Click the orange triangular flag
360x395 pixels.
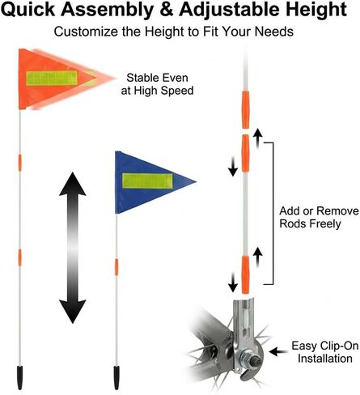(54, 79)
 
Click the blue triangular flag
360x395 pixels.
(146, 182)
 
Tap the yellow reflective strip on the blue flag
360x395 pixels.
(147, 181)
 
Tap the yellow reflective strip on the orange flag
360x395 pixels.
(52, 78)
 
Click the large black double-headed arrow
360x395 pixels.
(72, 248)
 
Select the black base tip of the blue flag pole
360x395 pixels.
(116, 377)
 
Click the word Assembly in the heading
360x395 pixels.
(108, 10)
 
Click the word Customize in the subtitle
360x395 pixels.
(86, 32)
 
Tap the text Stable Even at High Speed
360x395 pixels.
(157, 84)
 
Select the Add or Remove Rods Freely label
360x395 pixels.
(320, 217)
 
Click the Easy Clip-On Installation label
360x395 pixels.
(325, 352)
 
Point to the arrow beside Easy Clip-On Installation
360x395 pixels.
(278, 352)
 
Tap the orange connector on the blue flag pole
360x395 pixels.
(116, 267)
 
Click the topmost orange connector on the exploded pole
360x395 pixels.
(245, 109)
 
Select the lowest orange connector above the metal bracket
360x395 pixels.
(245, 274)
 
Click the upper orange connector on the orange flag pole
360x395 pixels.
(19, 163)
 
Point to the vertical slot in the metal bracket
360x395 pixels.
(244, 317)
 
